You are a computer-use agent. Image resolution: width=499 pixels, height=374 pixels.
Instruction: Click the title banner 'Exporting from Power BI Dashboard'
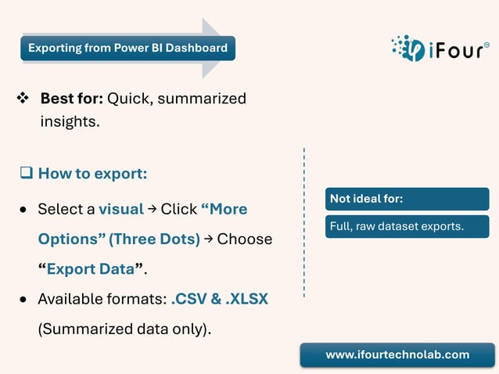click(127, 49)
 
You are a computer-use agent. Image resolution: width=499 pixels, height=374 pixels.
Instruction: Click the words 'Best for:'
click(71, 99)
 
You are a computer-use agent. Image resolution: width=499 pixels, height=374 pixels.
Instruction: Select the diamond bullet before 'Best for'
click(22, 99)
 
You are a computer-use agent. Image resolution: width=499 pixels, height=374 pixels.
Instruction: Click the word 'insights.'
click(70, 122)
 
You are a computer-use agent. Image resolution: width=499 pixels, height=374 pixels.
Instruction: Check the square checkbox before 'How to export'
click(26, 173)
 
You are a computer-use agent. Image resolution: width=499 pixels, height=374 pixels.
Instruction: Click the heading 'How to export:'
click(92, 173)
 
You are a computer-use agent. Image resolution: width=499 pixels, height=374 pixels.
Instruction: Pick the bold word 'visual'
click(120, 209)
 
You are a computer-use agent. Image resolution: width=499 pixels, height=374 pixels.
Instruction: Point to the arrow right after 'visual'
click(153, 209)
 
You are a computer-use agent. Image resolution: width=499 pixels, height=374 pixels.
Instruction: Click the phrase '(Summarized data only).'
click(124, 329)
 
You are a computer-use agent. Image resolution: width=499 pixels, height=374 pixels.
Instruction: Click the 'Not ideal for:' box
click(407, 199)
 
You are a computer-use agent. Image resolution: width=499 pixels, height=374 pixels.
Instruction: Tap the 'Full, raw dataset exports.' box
click(407, 227)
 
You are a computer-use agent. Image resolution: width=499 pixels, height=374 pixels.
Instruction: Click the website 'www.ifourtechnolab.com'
click(397, 354)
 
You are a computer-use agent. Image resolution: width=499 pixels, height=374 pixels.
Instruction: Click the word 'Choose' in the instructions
click(245, 239)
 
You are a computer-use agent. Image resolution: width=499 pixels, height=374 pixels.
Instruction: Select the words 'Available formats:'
click(102, 299)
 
